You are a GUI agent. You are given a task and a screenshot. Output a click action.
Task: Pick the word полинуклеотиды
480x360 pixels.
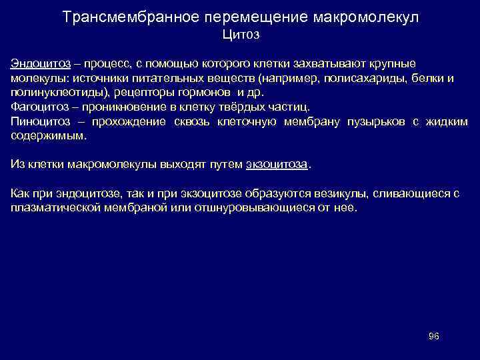coord(61,93)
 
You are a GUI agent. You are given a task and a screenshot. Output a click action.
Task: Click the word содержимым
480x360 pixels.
coord(49,136)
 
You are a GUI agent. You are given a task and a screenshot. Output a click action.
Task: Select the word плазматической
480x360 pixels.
coord(53,207)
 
